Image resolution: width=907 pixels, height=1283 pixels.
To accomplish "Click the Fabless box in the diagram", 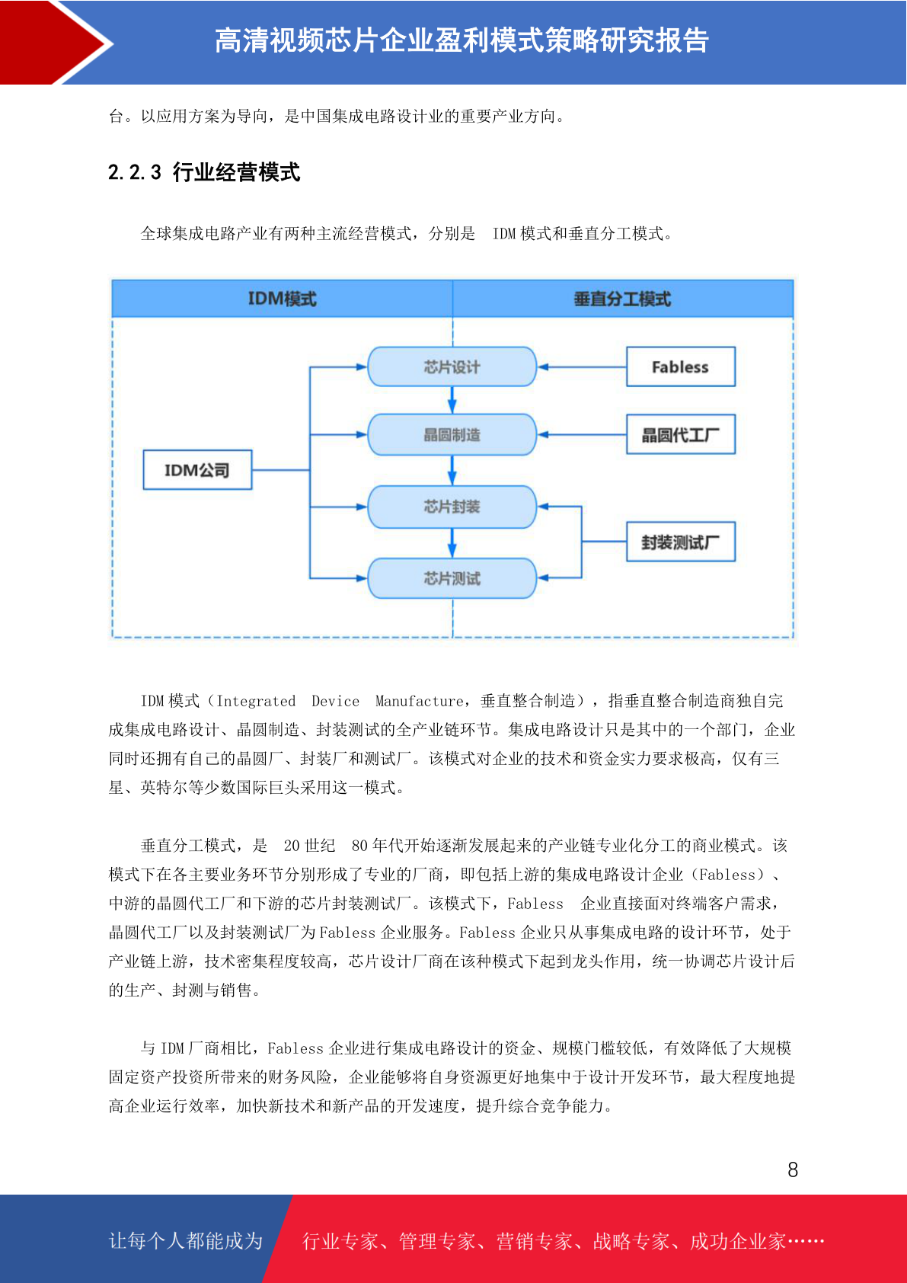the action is click(680, 366).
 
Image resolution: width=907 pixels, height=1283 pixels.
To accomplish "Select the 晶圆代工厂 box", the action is click(680, 435).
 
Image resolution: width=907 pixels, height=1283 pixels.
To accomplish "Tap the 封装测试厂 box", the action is click(680, 542).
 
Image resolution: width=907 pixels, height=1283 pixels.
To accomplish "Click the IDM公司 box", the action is click(197, 469).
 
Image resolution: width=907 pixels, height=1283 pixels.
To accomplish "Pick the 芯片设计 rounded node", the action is click(452, 366).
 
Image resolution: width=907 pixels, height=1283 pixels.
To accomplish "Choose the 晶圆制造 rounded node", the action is click(452, 435).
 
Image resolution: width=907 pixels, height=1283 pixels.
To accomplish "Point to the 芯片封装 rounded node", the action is click(452, 507).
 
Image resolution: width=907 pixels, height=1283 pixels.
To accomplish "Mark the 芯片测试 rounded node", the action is click(452, 578).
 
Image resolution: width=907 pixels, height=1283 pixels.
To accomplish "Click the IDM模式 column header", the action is click(283, 299).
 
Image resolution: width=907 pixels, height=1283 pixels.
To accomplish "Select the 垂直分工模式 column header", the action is click(623, 299).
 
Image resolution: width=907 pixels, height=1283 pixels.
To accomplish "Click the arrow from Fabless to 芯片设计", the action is click(582, 367).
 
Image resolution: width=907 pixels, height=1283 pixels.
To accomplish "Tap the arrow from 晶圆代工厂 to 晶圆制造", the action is click(582, 435).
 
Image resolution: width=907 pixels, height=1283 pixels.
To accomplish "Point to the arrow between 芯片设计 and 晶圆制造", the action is click(452, 400).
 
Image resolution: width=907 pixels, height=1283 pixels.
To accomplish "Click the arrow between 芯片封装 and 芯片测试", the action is click(452, 543).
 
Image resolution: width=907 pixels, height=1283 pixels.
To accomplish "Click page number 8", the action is click(793, 1169).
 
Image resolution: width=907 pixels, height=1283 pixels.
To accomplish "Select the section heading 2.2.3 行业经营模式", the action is click(204, 172).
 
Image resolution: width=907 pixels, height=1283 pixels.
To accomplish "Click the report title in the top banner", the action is click(461, 40).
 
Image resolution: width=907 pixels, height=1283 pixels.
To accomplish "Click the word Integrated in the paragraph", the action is click(256, 701).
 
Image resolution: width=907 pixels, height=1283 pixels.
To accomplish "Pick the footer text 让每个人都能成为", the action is click(186, 1240).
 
